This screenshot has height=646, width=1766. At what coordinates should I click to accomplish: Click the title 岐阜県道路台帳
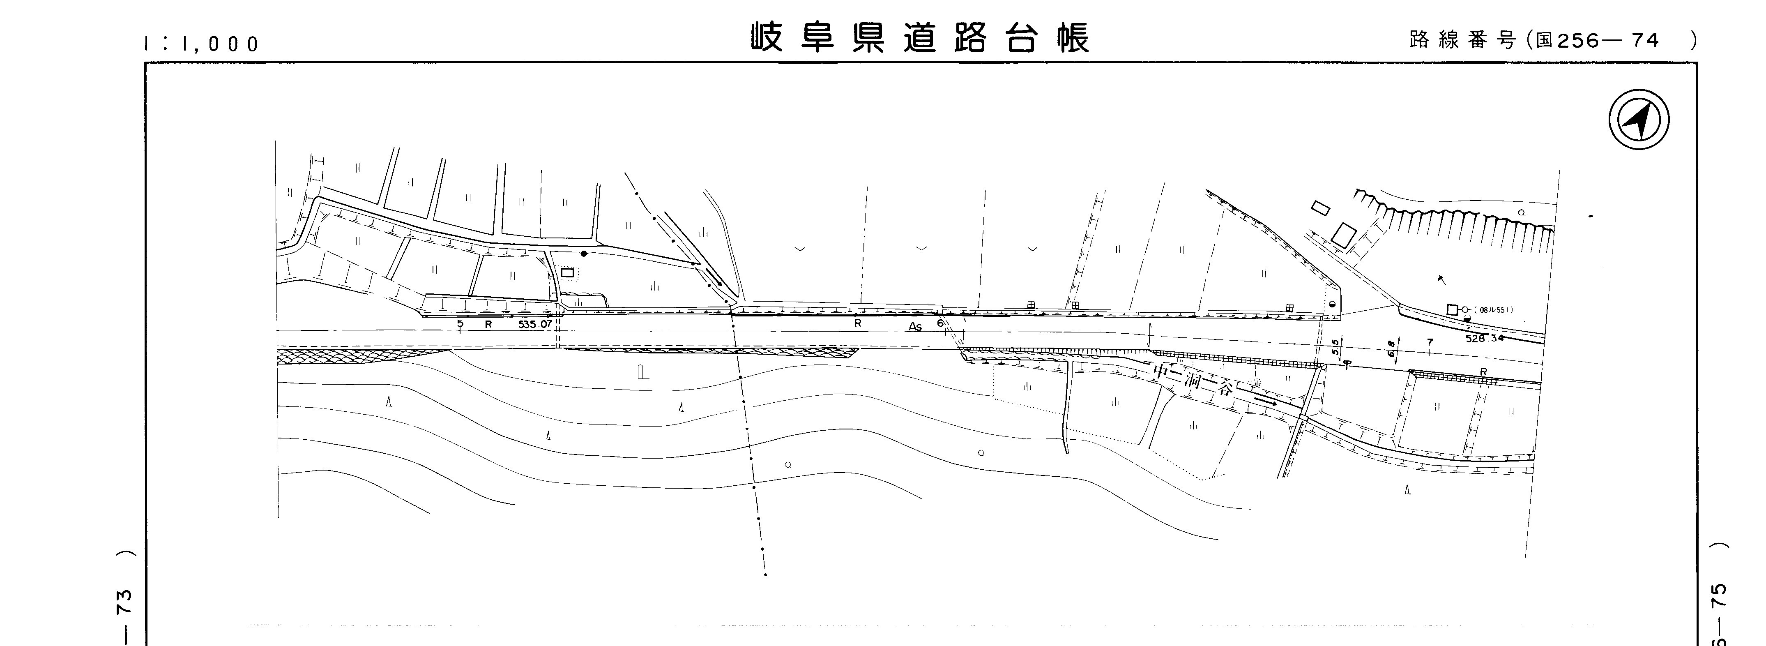coord(919,38)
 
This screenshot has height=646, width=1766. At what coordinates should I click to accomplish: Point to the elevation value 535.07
coord(535,324)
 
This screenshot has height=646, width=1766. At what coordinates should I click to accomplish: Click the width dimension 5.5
coord(1334,347)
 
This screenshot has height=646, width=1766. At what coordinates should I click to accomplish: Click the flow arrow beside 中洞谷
coord(1264,401)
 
